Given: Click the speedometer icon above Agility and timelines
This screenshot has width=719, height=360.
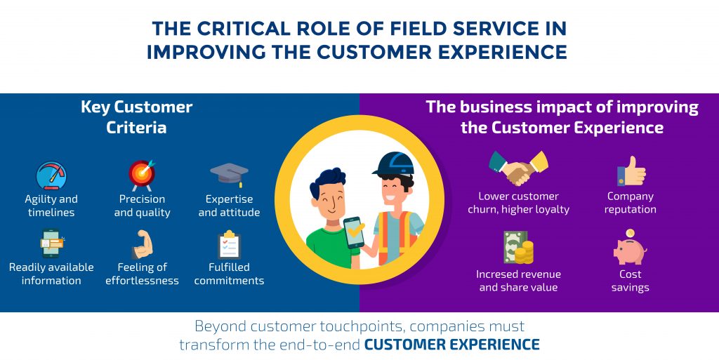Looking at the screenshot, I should click(x=51, y=175).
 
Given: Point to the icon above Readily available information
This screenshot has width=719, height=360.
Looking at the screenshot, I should click(x=51, y=244).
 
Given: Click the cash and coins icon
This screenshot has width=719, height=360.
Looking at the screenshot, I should click(x=518, y=248).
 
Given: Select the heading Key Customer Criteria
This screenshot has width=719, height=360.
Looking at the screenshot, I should click(x=136, y=117).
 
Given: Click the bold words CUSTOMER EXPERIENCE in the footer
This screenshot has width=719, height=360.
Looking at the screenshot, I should click(x=451, y=345).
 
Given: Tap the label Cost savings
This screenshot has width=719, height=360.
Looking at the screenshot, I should click(x=630, y=281).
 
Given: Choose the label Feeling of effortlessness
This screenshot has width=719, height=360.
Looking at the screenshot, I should click(x=142, y=274).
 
